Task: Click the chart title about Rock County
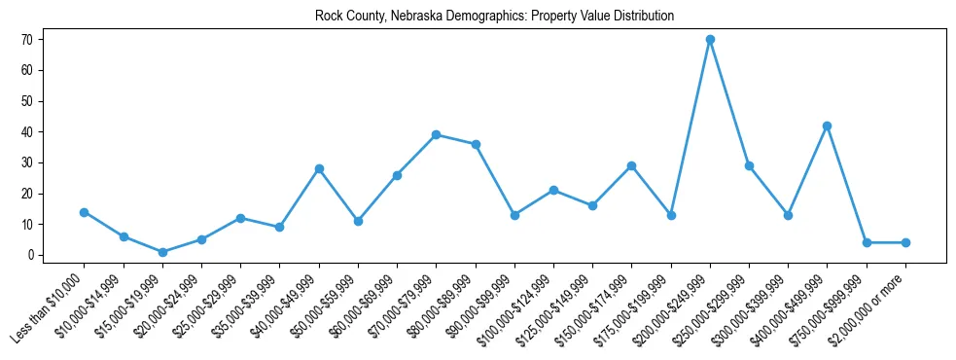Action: pyautogui.click(x=494, y=17)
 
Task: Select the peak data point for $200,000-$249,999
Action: pyautogui.click(x=710, y=40)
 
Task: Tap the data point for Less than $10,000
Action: pyautogui.click(x=85, y=212)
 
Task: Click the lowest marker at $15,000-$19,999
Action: pyautogui.click(x=162, y=252)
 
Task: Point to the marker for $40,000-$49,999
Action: pyautogui.click(x=319, y=169)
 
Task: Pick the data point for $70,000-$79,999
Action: pyautogui.click(x=437, y=135)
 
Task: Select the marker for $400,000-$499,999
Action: pyautogui.click(x=827, y=126)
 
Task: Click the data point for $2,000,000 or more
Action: pyautogui.click(x=905, y=242)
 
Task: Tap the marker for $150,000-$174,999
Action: pyautogui.click(x=631, y=165)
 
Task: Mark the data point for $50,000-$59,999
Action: pyautogui.click(x=358, y=221)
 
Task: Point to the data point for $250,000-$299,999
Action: pyautogui.click(x=749, y=165)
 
